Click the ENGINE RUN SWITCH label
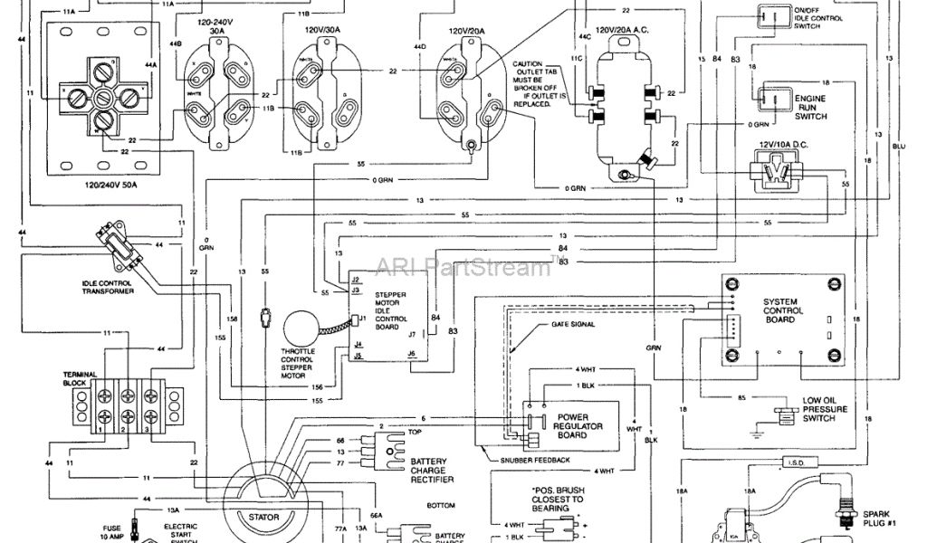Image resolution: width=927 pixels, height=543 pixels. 809,106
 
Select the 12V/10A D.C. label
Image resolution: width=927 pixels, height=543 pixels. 779,143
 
